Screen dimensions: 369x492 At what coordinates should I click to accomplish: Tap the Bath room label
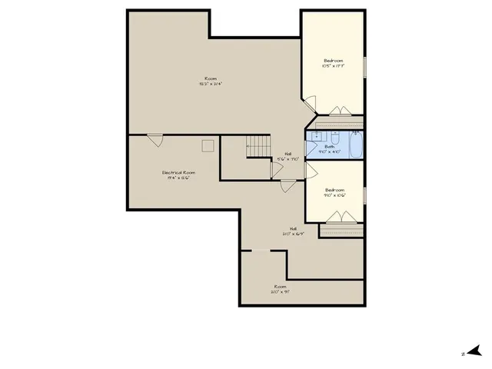pos(330,147)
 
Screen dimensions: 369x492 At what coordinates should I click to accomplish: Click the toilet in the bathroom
pos(356,136)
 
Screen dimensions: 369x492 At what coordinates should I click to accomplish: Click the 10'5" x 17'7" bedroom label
pos(333,61)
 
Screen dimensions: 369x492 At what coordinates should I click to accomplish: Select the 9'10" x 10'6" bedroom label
pos(334,190)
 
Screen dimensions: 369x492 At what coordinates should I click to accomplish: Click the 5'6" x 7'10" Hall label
pos(288,154)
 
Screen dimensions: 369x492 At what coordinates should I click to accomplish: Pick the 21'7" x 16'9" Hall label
pos(293,228)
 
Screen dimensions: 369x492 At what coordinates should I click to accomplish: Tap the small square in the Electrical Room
pos(208,145)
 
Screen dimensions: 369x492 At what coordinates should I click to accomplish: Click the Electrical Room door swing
pos(155,140)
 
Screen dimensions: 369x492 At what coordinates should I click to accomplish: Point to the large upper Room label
pos(210,78)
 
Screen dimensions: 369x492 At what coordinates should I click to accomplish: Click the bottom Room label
pos(279,287)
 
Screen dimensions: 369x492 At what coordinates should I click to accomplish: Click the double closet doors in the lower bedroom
pos(341,218)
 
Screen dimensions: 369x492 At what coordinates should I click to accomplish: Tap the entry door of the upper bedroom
pos(308,104)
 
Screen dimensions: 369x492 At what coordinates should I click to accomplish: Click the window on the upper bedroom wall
pos(364,66)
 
